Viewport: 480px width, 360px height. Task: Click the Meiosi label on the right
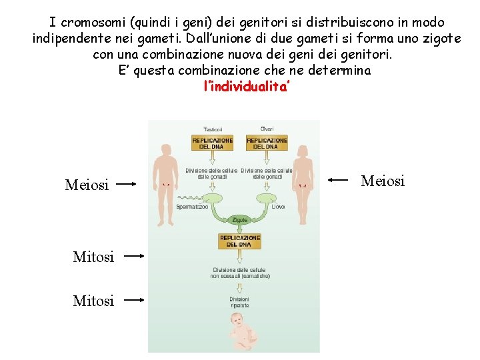tap(383, 181)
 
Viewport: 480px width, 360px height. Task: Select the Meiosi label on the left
tap(87, 185)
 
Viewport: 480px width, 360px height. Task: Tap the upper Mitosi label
tap(93, 256)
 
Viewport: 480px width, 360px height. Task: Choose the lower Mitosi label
tap(93, 301)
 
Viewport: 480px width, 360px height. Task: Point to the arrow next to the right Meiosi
tap(339, 179)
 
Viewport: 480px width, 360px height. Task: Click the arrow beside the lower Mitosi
tap(135, 300)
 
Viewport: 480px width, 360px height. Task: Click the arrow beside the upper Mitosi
tap(135, 255)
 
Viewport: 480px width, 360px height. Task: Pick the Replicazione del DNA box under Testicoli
tap(212, 143)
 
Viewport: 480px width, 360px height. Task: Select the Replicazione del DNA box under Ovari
tap(267, 143)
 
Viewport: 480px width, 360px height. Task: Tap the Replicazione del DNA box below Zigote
tap(239, 241)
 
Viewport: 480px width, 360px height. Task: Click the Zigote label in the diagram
tap(239, 219)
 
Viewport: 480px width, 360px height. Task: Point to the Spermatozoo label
tap(192, 207)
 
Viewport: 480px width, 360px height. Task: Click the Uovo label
tap(278, 207)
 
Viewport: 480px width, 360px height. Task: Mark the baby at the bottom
tap(240, 330)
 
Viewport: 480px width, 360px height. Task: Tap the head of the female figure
tap(306, 135)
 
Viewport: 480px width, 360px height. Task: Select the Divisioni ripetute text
tap(239, 302)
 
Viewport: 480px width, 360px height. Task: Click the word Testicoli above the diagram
tap(213, 129)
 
